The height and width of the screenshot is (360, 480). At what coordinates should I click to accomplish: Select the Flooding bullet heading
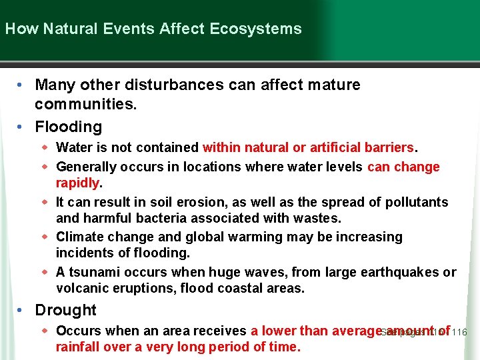[69, 127]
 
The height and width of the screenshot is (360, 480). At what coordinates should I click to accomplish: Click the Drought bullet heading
[65, 310]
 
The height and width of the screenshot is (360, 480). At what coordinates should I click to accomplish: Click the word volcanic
[82, 289]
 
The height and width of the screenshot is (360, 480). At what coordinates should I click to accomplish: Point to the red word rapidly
[77, 183]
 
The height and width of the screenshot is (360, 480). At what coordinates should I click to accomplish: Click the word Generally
[85, 167]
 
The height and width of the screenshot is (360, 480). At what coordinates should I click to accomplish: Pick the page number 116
[459, 332]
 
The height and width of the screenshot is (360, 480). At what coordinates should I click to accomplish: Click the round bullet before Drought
[21, 310]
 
